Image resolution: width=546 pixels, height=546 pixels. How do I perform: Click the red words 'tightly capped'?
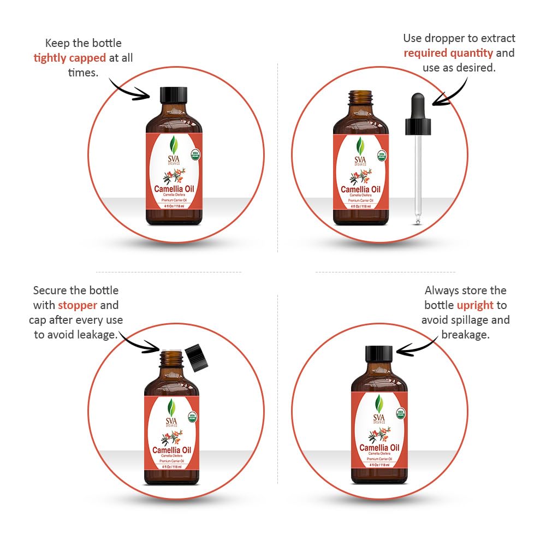70,57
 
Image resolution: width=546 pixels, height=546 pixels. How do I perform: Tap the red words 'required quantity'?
448,53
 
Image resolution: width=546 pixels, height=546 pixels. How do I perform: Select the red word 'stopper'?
78,305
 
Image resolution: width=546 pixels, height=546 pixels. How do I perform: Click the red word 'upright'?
475,305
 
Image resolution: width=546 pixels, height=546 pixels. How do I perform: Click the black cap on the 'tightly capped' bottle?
174,96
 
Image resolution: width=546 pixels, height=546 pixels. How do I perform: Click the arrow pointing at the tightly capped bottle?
131,90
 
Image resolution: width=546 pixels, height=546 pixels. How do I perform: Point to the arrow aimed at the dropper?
450,90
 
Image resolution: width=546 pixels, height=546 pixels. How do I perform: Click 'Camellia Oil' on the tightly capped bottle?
174,189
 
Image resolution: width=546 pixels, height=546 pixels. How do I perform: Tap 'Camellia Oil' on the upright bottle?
379,448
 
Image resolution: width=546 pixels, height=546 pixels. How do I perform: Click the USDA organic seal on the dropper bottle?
381,155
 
